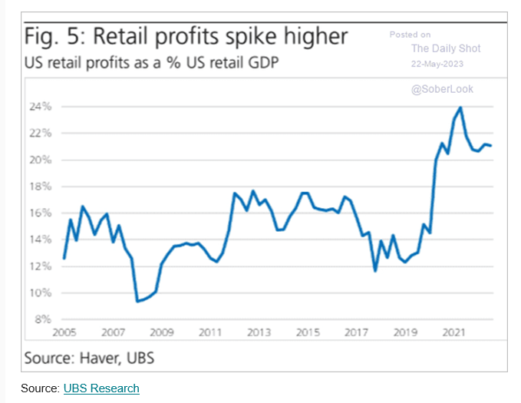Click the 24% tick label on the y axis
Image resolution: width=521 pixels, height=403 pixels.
[41, 107]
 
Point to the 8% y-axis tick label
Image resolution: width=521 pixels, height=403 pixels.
[43, 319]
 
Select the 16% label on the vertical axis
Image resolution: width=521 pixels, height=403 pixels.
[41, 213]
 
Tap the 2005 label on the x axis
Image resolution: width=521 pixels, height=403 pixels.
[64, 335]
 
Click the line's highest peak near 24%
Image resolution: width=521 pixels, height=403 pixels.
[460, 107]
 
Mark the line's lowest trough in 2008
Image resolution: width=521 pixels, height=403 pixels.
[138, 301]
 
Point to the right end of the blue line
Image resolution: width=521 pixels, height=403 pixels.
[492, 146]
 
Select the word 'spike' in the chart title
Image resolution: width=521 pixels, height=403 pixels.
[251, 37]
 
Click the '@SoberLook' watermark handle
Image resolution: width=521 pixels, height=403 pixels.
[442, 89]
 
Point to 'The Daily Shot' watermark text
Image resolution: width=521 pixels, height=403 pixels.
[446, 48]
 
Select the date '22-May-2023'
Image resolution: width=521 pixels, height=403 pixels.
[443, 64]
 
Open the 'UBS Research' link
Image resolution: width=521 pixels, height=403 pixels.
[102, 388]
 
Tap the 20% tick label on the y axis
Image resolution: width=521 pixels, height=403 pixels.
[41, 160]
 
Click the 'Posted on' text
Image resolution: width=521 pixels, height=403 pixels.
[410, 35]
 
